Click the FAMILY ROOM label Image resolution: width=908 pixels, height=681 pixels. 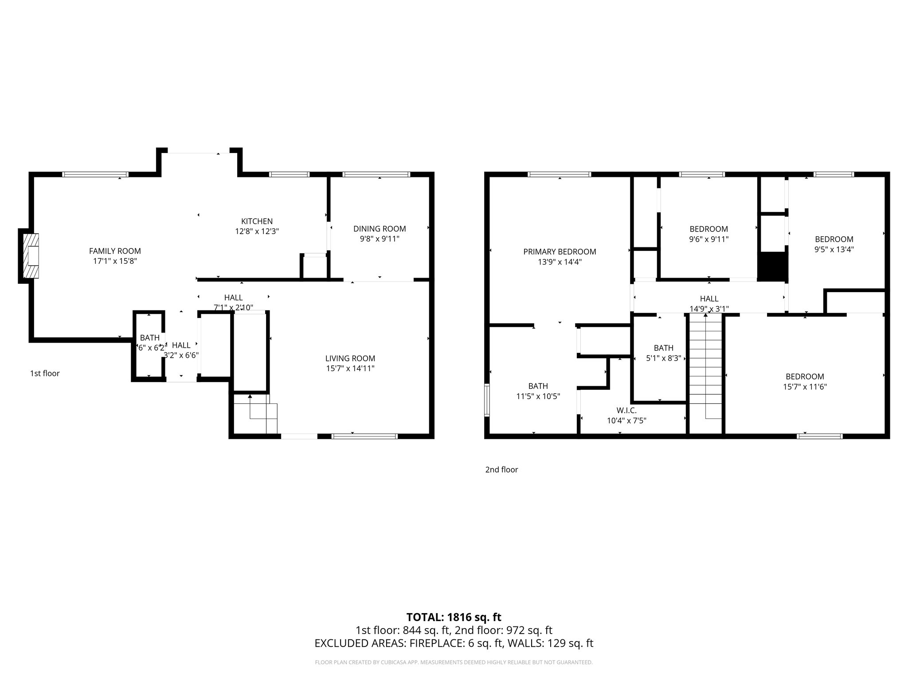[x=115, y=251]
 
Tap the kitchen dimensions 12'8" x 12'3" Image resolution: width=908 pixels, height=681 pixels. [x=257, y=231]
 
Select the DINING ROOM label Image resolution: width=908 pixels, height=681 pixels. [x=380, y=229]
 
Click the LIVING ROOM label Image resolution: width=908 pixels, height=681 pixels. [x=350, y=358]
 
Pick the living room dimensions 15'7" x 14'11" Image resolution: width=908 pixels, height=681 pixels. [x=350, y=368]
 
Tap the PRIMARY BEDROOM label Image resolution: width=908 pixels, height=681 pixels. [x=560, y=251]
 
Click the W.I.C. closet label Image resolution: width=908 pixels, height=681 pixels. [x=626, y=411]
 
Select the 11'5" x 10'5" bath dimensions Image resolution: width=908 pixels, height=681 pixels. [x=538, y=396]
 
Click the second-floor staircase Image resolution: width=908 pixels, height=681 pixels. [x=705, y=372]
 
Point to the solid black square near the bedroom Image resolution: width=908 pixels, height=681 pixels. [x=772, y=266]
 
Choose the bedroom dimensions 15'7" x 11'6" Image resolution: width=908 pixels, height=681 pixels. [x=805, y=387]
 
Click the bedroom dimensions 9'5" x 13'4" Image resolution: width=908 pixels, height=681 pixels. [x=834, y=249]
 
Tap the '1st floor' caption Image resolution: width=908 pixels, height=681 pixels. [x=45, y=373]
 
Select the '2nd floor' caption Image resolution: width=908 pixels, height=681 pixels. [x=501, y=470]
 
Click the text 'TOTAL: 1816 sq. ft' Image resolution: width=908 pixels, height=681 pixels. [x=454, y=617]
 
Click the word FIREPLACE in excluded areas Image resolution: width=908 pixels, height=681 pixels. [x=437, y=643]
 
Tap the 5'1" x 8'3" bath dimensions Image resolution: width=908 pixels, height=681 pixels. [x=663, y=358]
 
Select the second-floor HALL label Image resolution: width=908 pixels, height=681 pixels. [x=709, y=299]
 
